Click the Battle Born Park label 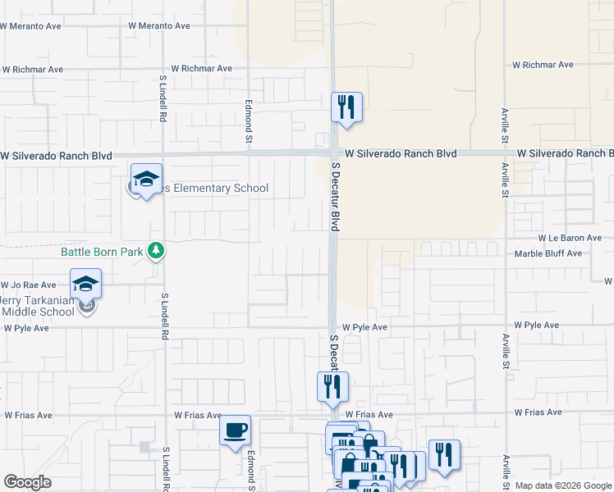[x=102, y=252]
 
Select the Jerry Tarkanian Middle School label [x=49, y=306]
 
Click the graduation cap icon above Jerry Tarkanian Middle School [x=85, y=284]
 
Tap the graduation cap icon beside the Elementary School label [x=146, y=179]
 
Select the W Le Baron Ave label [x=570, y=238]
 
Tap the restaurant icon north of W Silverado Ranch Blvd [x=346, y=107]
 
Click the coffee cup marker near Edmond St [x=235, y=430]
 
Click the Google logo [x=27, y=482]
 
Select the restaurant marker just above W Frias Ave [x=332, y=386]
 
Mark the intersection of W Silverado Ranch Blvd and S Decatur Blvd [x=334, y=153]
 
